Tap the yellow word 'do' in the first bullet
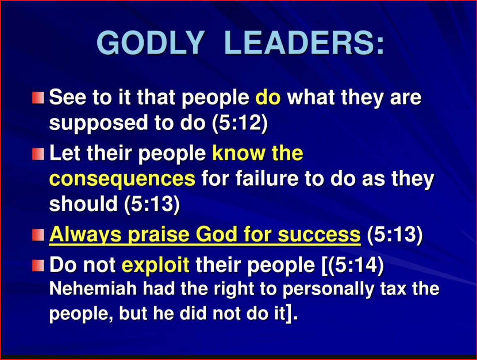(268, 97)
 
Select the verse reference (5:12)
(240, 123)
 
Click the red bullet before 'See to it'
(38, 98)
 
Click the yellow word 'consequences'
(122, 178)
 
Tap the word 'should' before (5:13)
(83, 204)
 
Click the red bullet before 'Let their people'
(38, 154)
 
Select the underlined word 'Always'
(85, 235)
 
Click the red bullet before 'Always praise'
(38, 235)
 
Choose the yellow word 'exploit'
(155, 265)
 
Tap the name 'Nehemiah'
(93, 288)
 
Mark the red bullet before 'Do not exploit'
(38, 265)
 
